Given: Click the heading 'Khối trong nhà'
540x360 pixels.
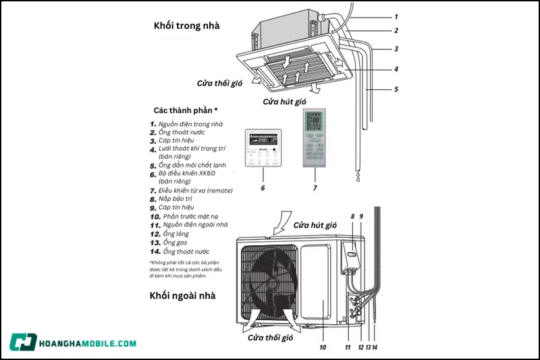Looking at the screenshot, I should (x=187, y=26).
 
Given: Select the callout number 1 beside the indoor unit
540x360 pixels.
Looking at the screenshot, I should (x=396, y=16).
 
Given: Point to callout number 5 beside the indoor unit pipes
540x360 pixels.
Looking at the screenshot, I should (x=396, y=89).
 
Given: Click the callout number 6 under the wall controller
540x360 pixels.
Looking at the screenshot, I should (x=263, y=188).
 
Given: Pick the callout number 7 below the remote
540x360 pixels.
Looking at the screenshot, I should (x=315, y=188).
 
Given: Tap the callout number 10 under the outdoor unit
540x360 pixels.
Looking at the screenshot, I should (x=323, y=347).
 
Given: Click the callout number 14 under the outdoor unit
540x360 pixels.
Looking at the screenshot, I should (x=375, y=347).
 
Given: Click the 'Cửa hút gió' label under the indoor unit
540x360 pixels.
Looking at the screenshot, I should (x=284, y=101).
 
